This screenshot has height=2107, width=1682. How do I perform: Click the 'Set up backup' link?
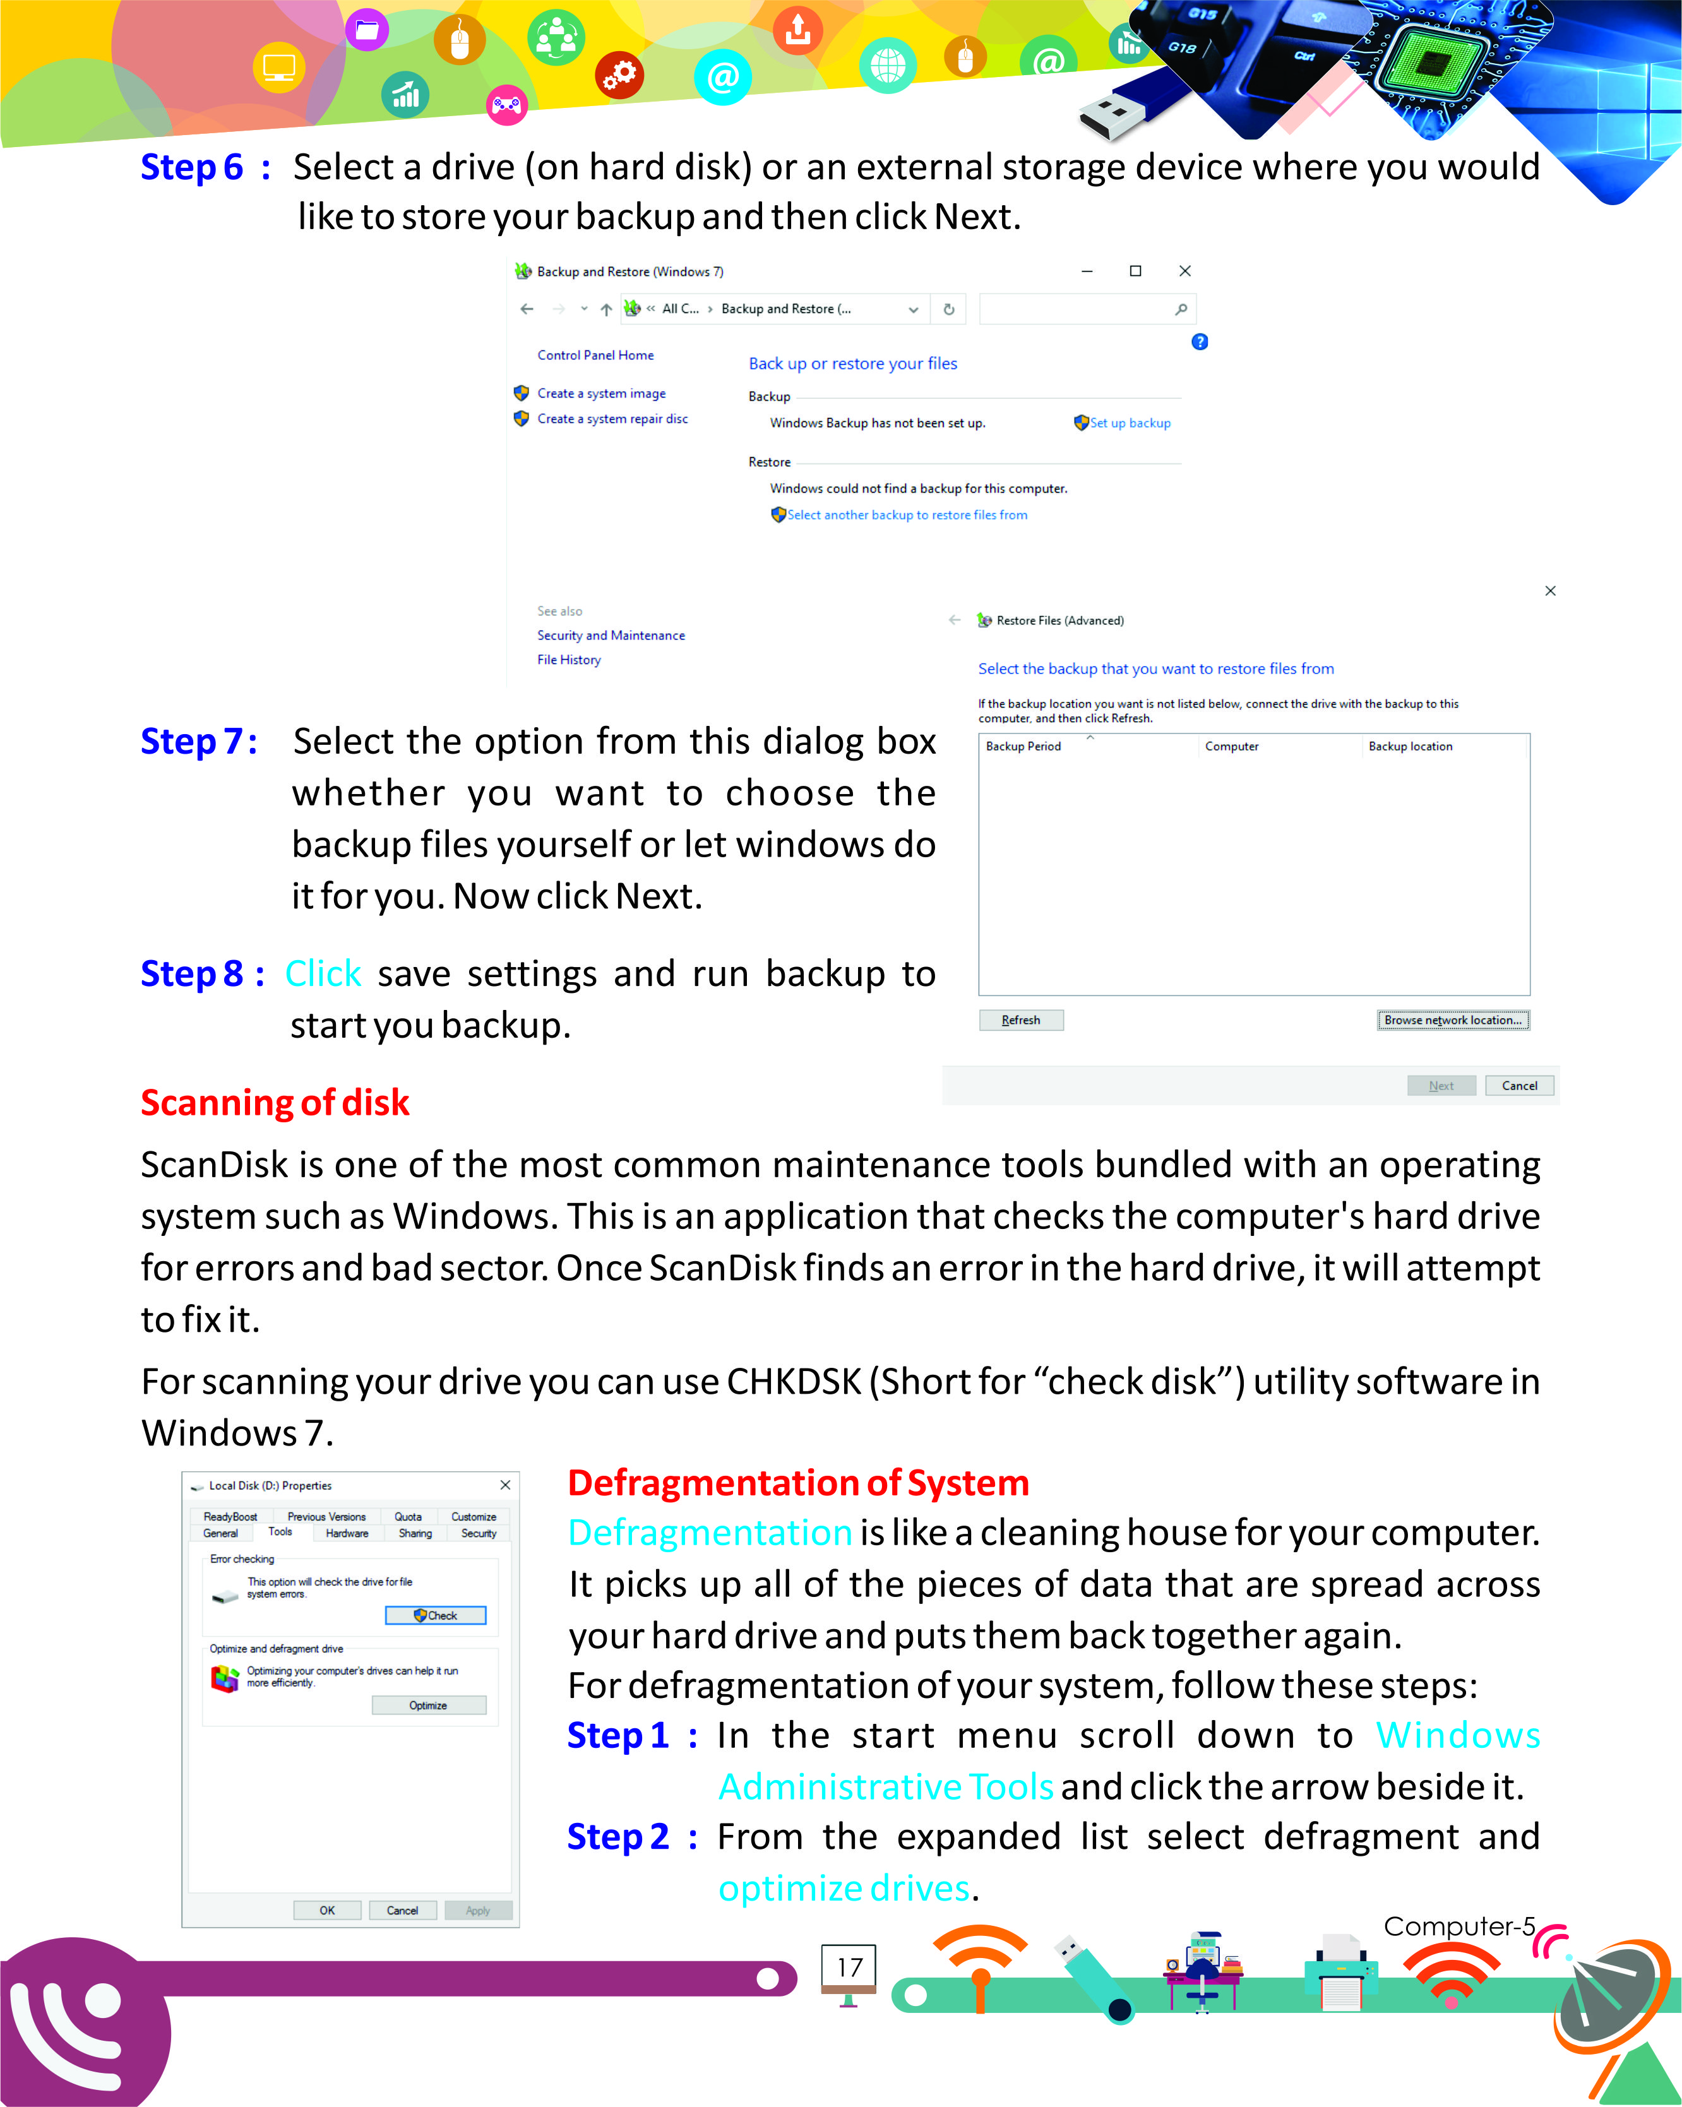pos(1129,423)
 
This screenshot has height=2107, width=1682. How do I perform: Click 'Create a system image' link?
pos(601,393)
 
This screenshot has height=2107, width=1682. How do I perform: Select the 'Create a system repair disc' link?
pos(612,418)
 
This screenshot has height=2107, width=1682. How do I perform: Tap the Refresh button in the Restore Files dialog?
pos(1020,1019)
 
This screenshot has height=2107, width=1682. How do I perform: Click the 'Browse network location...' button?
pos(1452,1019)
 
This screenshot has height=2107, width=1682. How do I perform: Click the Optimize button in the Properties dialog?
pos(428,1704)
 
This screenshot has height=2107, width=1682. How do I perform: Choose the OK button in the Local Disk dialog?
pos(326,1909)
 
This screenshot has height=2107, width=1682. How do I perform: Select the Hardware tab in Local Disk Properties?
pos(347,1533)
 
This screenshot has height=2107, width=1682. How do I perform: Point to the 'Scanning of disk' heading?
pos(275,1102)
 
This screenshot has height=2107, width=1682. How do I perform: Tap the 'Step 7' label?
pos(198,742)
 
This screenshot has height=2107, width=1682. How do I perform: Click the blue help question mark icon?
pos(1199,341)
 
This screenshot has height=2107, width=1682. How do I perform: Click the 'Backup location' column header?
pos(1409,745)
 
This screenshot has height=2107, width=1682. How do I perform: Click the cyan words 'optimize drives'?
pos(844,1887)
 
